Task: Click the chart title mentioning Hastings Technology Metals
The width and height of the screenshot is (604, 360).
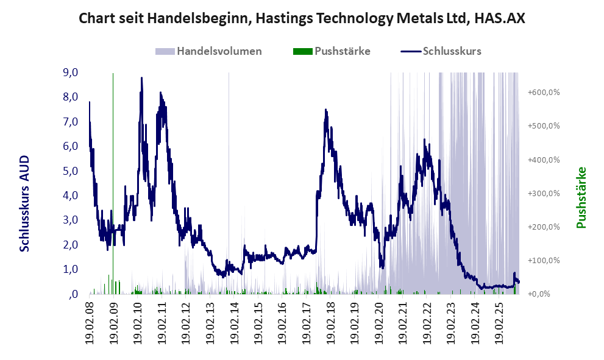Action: click(302, 19)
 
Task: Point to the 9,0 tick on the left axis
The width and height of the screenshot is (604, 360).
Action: click(70, 72)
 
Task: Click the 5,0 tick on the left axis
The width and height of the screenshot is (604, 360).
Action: click(70, 171)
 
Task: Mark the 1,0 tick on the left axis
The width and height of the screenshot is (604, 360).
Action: click(70, 269)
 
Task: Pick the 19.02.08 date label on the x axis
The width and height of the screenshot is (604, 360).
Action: click(90, 322)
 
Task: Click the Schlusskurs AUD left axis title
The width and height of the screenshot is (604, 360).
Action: click(25, 203)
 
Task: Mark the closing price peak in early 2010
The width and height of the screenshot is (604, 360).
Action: click(141, 78)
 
